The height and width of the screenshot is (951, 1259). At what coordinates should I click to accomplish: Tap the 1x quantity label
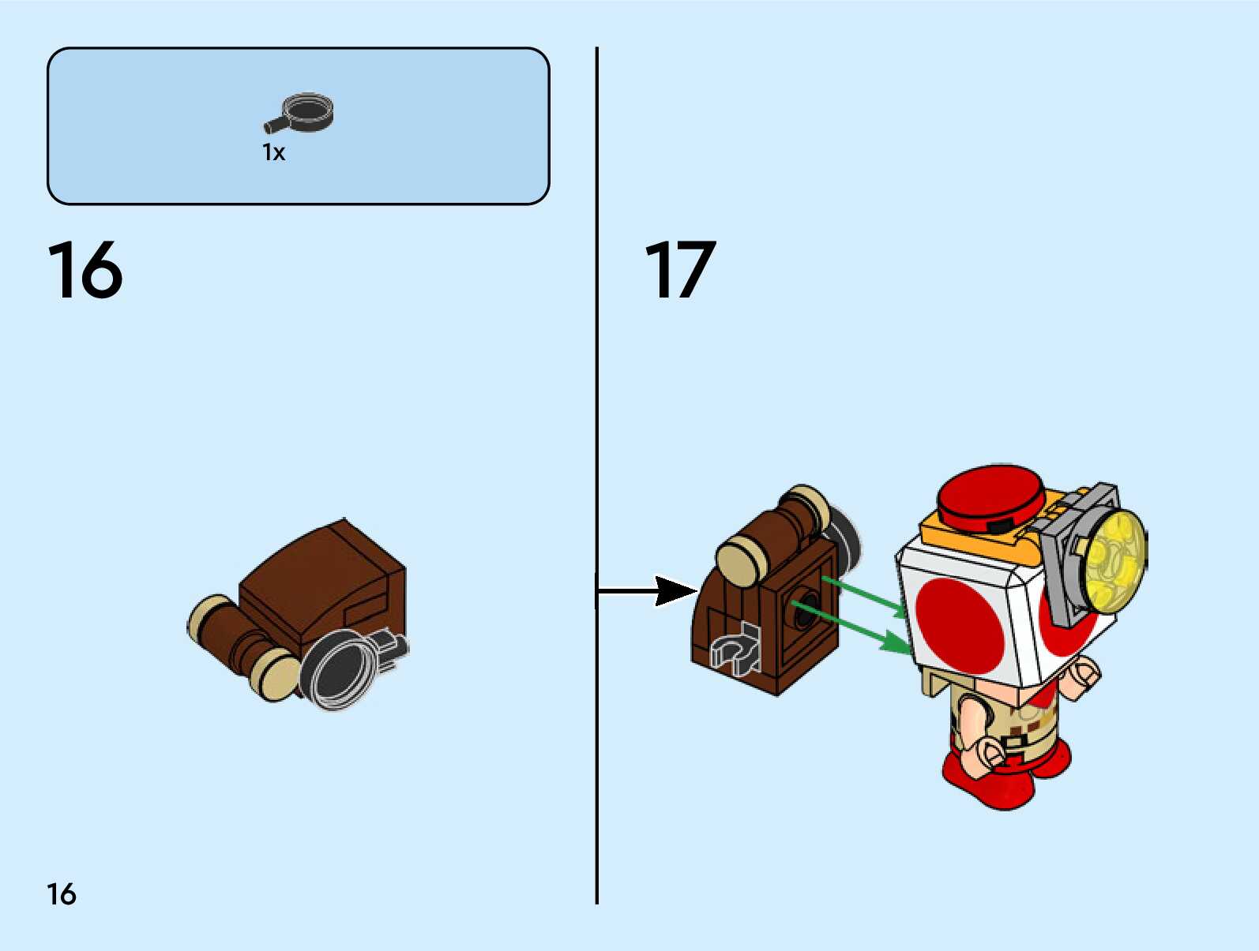[273, 152]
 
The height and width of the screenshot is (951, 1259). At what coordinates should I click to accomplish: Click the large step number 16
[85, 271]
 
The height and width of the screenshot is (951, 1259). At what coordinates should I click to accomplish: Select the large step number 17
[680, 271]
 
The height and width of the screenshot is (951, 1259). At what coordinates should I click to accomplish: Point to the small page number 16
[62, 894]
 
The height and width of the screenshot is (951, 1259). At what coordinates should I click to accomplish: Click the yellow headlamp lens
[1116, 560]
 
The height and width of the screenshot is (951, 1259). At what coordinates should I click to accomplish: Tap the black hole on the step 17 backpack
[804, 608]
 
